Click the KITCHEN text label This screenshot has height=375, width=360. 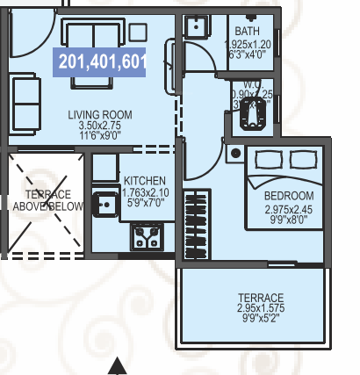[144, 181]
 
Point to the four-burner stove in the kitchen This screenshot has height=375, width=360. [144, 235]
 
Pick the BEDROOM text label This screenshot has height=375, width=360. [289, 195]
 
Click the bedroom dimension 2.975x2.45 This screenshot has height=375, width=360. [289, 210]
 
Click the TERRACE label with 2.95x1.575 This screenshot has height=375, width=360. [262, 298]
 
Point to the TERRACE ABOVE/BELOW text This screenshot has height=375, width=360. [47, 199]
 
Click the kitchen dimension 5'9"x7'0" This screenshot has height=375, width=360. [144, 203]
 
